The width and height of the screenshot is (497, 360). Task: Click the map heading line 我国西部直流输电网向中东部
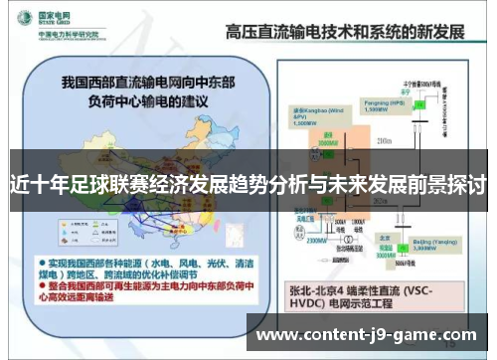pyautogui.click(x=145, y=81)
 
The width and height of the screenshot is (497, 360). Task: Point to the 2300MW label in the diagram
pyautogui.click(x=316, y=239)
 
